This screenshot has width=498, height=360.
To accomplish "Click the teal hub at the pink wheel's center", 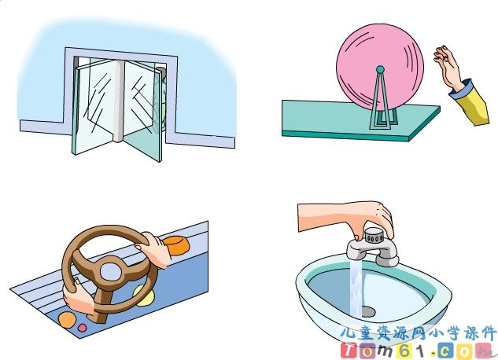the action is pyautogui.click(x=380, y=69).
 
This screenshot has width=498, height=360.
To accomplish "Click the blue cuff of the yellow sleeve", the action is pyautogui.click(x=460, y=88).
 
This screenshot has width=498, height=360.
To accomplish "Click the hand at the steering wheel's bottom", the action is pyautogui.click(x=78, y=296).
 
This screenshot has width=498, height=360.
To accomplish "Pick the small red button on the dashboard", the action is pyautogui.click(x=82, y=327).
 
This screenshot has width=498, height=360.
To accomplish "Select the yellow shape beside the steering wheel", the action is pyautogui.click(x=145, y=296).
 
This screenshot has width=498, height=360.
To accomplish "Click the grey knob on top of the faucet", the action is pyautogui.click(x=374, y=235).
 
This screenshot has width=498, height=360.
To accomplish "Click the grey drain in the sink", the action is pyautogui.click(x=367, y=311).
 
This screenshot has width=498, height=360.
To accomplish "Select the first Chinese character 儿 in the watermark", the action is pyautogui.click(x=348, y=332).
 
